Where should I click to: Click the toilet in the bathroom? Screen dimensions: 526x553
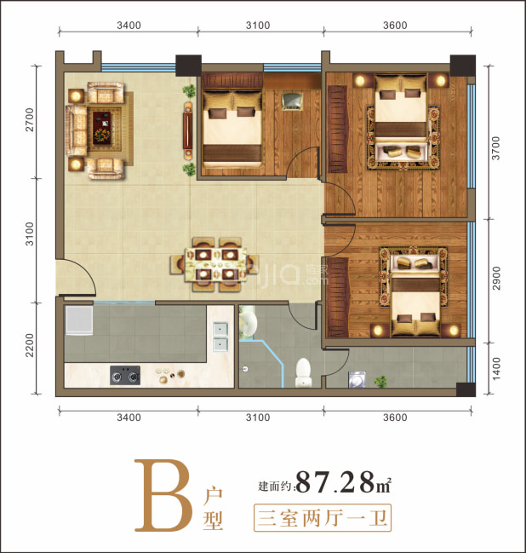pos(303,372)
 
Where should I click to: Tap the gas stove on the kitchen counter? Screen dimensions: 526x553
pos(125,375)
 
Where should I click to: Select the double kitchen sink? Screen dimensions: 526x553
pos(220,337)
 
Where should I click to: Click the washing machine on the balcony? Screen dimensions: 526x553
pos(357,379)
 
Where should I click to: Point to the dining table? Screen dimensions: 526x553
pos(215,264)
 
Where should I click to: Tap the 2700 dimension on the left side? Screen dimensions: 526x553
pos(30,120)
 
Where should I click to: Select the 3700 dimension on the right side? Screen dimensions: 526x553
pos(495,148)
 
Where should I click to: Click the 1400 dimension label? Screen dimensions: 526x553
pos(496,369)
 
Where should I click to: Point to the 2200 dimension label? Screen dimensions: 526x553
pos(30,345)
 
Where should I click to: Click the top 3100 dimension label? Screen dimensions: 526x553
pos(258,26)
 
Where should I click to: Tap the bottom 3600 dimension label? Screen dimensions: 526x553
pos(395,418)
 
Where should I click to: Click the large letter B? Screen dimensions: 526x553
pos(163,495)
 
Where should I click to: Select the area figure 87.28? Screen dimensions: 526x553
pos(335,482)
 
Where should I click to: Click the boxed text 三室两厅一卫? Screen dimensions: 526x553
pos(323,518)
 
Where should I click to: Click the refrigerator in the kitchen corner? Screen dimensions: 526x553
pos(79,320)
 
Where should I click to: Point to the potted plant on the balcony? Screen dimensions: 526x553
pos(380,381)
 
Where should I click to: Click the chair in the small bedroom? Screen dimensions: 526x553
pos(292,101)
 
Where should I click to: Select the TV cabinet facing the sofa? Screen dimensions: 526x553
pos(188,131)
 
